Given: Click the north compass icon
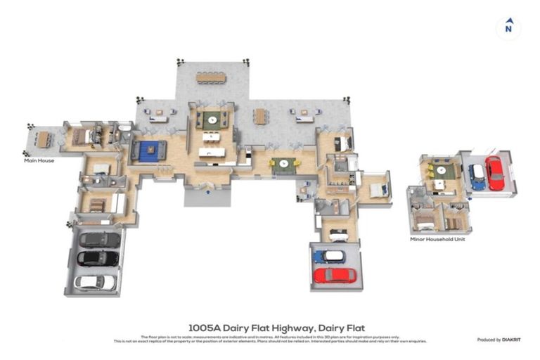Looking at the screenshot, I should [x=508, y=27].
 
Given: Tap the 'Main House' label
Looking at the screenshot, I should [x=39, y=160].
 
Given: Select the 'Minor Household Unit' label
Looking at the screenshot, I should [x=437, y=239].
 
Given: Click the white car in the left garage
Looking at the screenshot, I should [x=94, y=282].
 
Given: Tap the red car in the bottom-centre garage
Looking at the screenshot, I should [x=335, y=275].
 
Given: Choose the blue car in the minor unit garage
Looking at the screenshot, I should [x=477, y=176].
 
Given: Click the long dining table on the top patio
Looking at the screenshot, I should [x=212, y=77].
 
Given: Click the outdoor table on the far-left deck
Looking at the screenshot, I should [x=44, y=140].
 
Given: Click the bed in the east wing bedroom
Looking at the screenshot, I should [x=377, y=189].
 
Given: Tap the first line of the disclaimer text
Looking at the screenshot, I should [x=270, y=337].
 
